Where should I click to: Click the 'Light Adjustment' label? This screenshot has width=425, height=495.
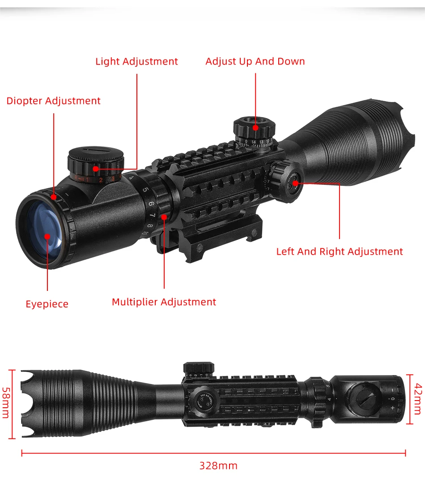[x=136, y=62]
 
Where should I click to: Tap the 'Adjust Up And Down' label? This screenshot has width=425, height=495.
[x=255, y=61]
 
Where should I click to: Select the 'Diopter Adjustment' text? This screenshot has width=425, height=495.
[x=53, y=101]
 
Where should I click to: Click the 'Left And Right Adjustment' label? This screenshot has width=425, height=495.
[x=340, y=252]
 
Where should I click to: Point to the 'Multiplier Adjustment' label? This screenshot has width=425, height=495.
[x=164, y=302]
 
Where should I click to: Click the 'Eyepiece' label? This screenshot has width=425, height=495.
[x=47, y=304]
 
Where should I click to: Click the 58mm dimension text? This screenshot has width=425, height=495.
[x=6, y=403]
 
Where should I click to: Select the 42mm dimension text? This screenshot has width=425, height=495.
[x=418, y=399]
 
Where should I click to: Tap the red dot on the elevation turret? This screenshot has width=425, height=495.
[x=255, y=128]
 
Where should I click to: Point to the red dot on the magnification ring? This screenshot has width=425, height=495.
[x=164, y=217]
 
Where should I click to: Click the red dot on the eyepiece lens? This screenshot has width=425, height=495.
[x=47, y=235]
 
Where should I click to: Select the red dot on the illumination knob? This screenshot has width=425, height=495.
[x=95, y=169]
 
